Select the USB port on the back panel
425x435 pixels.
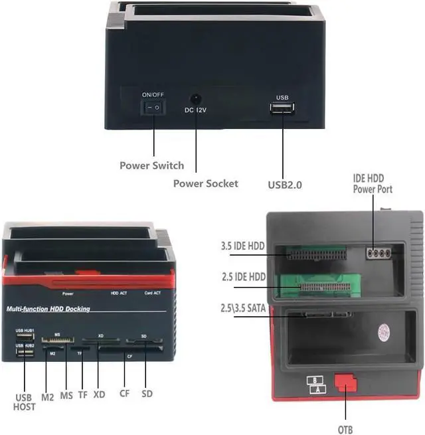click(x=282, y=108)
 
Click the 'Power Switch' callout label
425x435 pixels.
click(x=151, y=165)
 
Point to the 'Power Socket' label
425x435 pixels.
click(x=205, y=183)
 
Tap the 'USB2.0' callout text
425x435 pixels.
click(x=285, y=185)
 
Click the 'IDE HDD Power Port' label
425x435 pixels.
click(x=373, y=184)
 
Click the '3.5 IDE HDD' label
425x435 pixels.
click(x=243, y=246)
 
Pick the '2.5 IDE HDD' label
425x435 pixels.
click(x=243, y=276)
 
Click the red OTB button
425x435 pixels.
click(x=345, y=384)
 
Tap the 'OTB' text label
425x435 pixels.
click(x=345, y=430)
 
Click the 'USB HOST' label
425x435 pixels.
click(x=25, y=402)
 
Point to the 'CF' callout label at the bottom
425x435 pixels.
click(x=124, y=394)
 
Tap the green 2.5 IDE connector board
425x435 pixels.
click(x=316, y=282)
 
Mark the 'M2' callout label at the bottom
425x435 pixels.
click(x=47, y=397)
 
